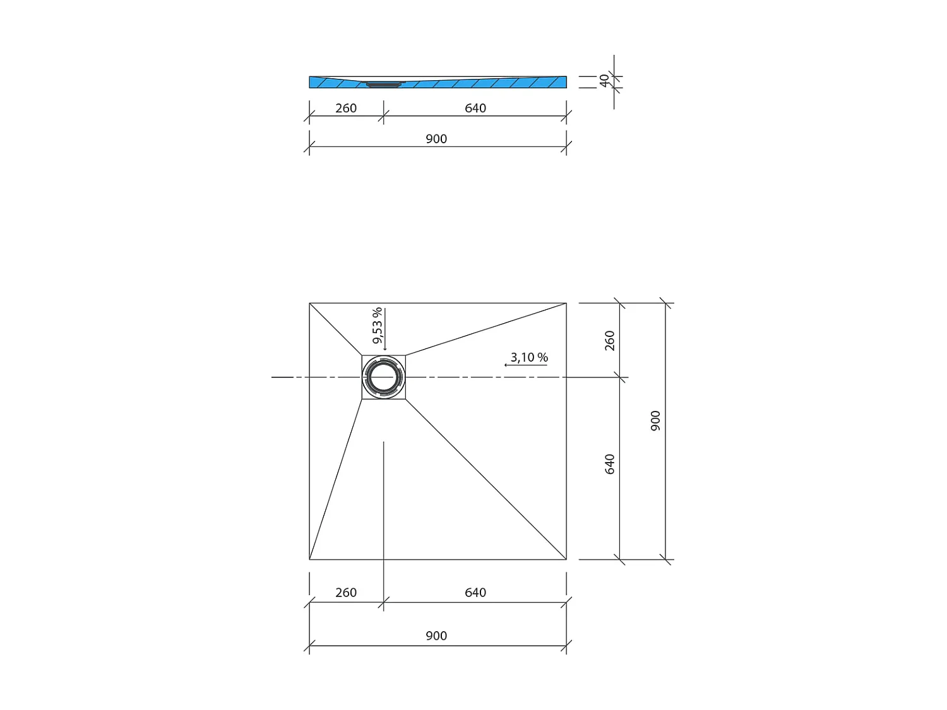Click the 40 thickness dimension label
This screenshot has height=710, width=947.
coord(604,81)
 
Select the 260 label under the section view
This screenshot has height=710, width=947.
coord(346,108)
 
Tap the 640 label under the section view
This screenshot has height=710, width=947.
coord(475,108)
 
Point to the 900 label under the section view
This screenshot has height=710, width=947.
coord(436,139)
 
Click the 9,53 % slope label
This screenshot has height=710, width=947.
coord(377,326)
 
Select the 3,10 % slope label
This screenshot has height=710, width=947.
coord(529,357)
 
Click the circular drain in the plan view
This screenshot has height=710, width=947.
coord(383,377)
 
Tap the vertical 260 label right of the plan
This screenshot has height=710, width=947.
coord(609,340)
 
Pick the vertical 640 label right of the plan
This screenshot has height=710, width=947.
coord(609,464)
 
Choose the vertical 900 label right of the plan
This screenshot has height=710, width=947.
coord(655,420)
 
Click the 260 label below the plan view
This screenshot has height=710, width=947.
coord(346,593)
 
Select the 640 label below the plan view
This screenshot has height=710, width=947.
coord(475,593)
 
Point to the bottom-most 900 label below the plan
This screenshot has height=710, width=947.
coord(436,636)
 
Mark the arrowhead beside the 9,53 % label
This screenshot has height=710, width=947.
coord(385,348)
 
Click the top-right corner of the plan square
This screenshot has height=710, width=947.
coord(566,303)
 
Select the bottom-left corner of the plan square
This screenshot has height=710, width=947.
coord(309,559)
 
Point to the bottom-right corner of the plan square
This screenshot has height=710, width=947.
coord(566,559)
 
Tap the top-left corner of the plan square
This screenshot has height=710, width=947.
coord(309,303)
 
